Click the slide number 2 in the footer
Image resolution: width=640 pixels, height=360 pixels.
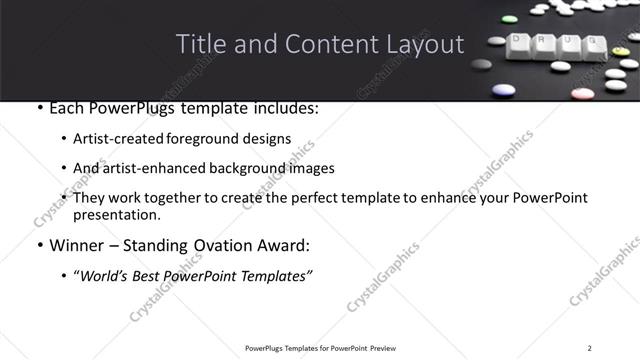click(590, 347)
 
